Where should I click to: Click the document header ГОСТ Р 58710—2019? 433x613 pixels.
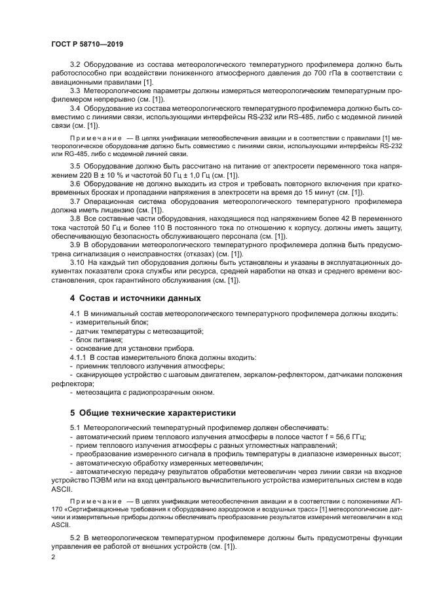click(86, 43)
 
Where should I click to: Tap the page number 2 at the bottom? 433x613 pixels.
click(52, 557)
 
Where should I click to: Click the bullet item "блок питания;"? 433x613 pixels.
click(99, 340)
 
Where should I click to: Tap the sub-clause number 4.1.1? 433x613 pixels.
click(79, 357)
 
